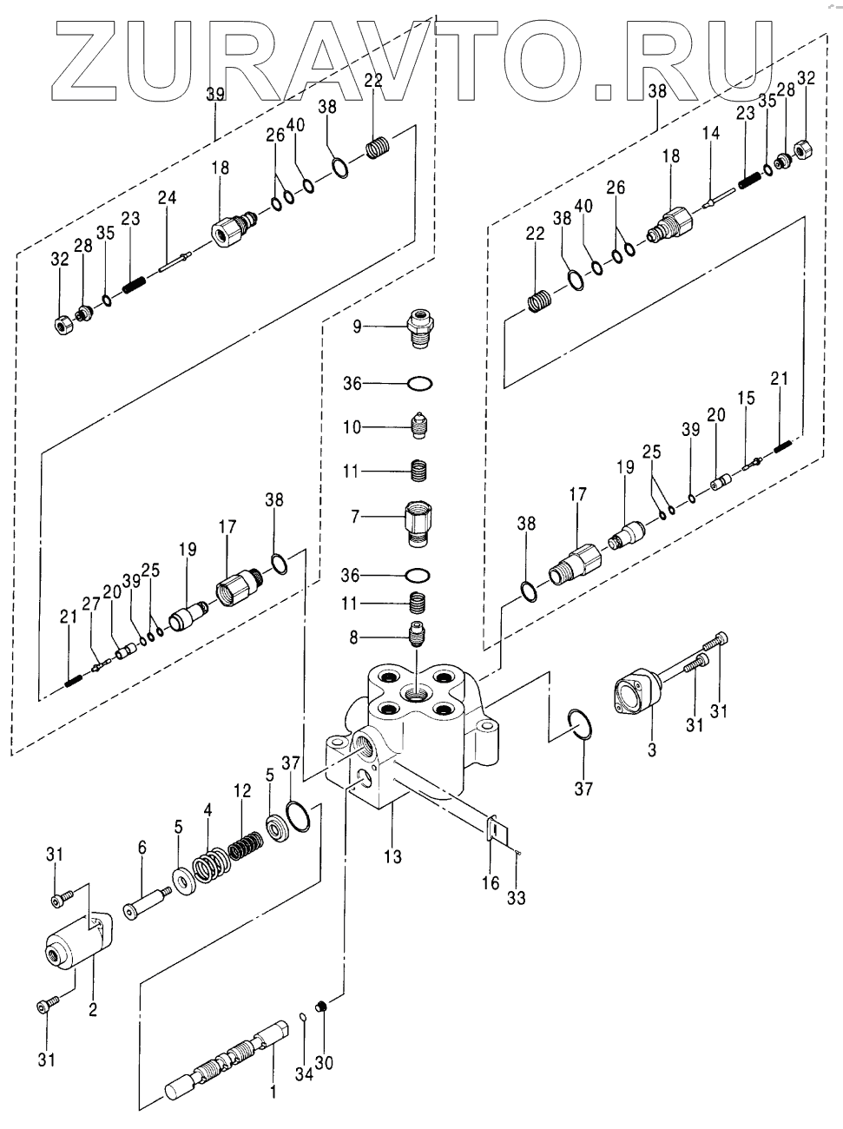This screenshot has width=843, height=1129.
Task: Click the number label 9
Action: [357, 327]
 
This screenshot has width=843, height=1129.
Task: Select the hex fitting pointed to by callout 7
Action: [421, 521]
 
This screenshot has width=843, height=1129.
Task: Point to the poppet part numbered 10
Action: [422, 426]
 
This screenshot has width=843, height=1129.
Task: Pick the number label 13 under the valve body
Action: [392, 858]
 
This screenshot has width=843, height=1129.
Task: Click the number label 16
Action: [491, 883]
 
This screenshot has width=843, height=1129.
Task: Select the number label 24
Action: [167, 198]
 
